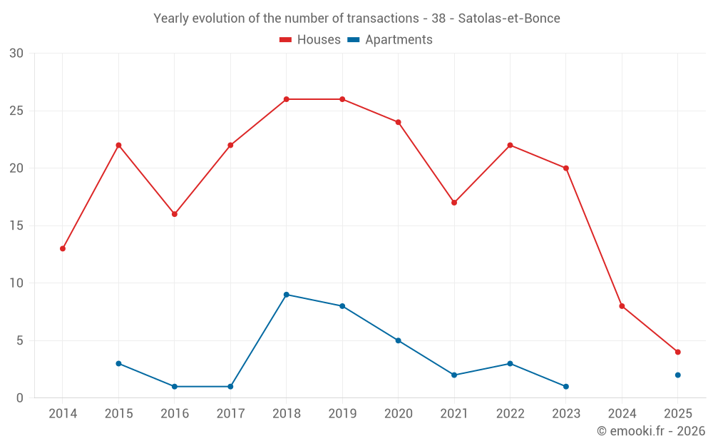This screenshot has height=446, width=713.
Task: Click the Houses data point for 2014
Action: click(x=63, y=248)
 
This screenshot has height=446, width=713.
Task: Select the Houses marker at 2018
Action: click(x=287, y=99)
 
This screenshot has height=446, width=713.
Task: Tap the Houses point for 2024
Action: click(x=622, y=306)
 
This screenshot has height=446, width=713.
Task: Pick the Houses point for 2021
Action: click(x=454, y=203)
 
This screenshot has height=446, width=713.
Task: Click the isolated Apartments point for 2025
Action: click(x=677, y=375)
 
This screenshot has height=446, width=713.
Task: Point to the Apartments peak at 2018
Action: click(x=287, y=295)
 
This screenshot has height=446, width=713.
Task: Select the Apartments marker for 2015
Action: click(x=118, y=363)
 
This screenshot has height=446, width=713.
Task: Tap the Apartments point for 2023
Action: click(x=566, y=386)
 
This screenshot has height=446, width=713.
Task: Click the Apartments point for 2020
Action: click(x=398, y=340)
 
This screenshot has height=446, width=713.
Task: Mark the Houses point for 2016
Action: click(x=174, y=214)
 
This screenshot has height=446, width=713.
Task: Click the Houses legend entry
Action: click(x=310, y=40)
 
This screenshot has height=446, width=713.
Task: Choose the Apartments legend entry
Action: click(x=390, y=40)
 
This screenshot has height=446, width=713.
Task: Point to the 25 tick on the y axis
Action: click(x=16, y=111)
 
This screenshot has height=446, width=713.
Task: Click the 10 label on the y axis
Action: click(x=16, y=283)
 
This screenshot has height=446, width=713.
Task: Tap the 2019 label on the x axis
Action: click(x=342, y=414)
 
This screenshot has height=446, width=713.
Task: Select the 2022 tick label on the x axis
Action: click(x=510, y=414)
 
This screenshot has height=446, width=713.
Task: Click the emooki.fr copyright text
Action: click(x=651, y=431)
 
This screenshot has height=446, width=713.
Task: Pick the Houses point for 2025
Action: click(x=677, y=352)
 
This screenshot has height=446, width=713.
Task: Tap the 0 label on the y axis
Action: click(x=20, y=398)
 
